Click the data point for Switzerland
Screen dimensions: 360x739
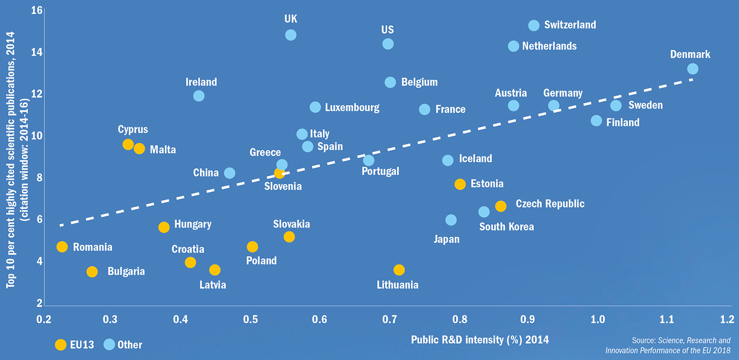tap(534, 25)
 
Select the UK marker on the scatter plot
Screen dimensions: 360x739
tap(291, 35)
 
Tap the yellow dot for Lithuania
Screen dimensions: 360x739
tap(399, 270)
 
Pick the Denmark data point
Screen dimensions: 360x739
tap(693, 69)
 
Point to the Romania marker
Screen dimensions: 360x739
tap(62, 247)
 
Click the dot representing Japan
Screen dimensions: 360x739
tap(451, 220)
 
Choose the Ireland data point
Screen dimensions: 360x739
tap(199, 96)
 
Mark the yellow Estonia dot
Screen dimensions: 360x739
tap(460, 184)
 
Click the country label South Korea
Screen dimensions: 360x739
tap(506, 227)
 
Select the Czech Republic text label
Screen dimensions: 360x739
tap(550, 203)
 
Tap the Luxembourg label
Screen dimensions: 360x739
tap(352, 107)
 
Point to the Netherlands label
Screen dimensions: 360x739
tap(549, 46)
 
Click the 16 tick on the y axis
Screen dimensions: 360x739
tap(36, 10)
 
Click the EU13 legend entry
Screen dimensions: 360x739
tap(74, 345)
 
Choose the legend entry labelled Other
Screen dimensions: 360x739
tap(123, 345)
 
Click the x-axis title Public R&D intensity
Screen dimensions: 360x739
tap(479, 339)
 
